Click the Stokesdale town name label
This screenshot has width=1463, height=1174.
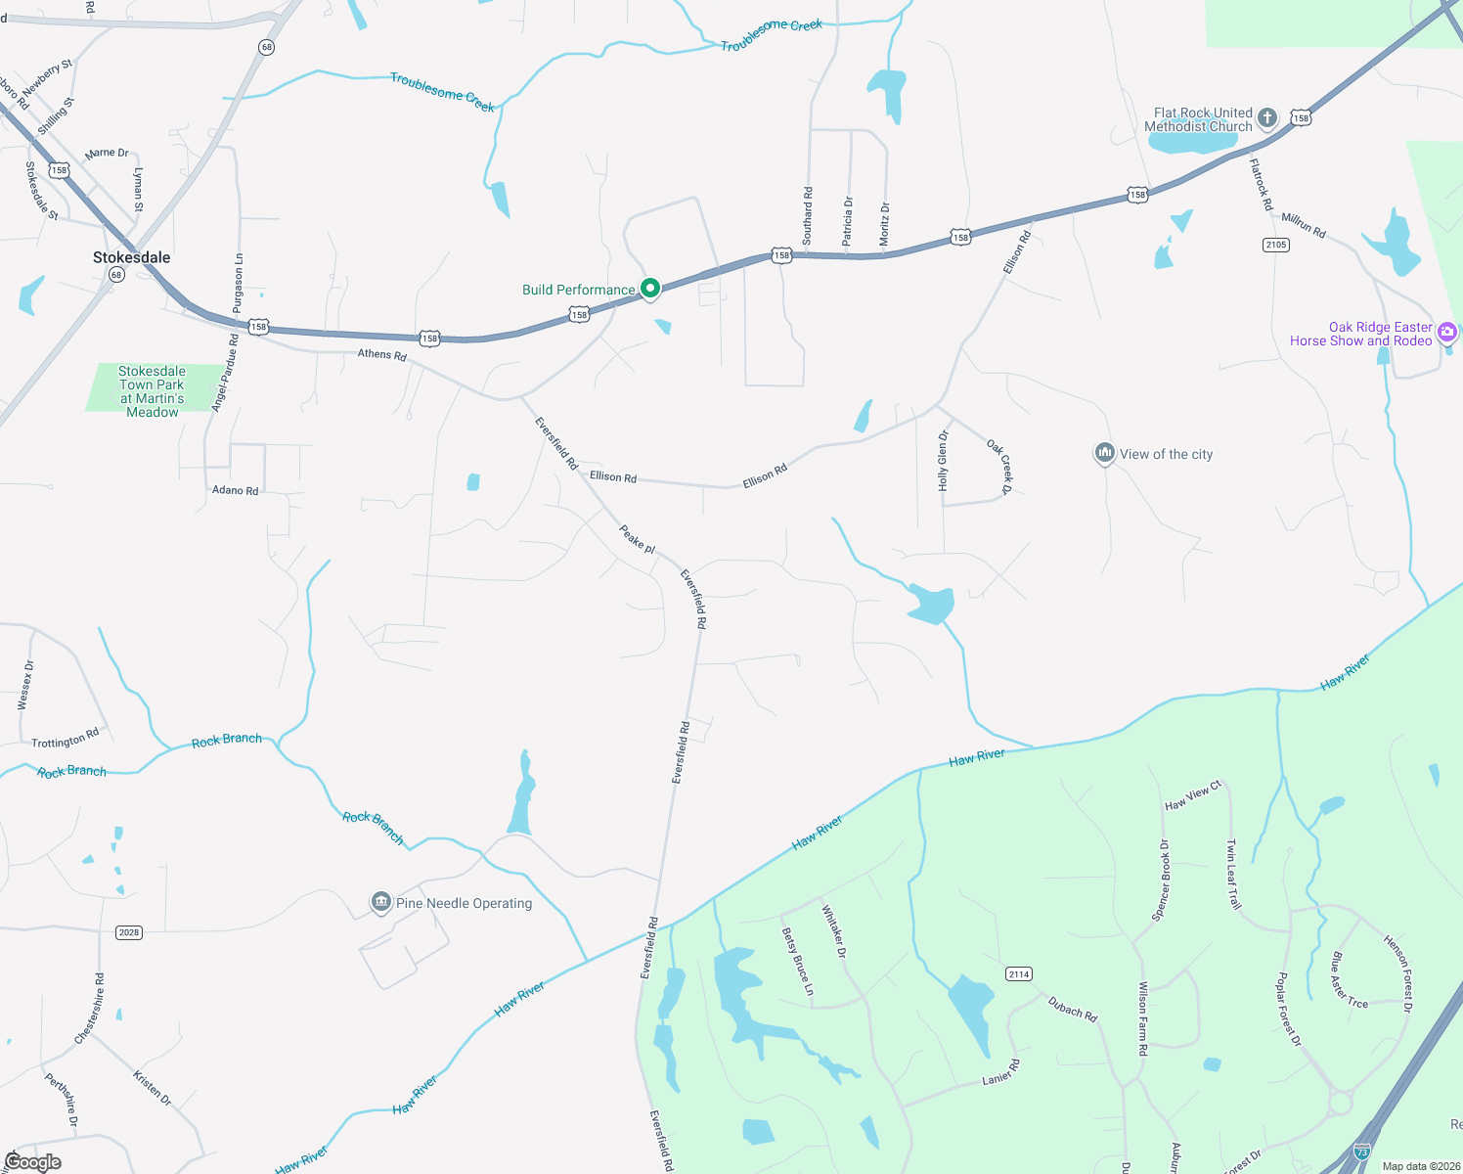[131, 257]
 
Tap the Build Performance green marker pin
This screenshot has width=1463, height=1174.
[650, 288]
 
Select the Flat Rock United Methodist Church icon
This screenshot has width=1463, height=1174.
[1267, 118]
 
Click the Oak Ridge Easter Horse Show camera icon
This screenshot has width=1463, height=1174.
[1447, 333]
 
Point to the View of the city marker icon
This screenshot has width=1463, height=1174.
[1105, 453]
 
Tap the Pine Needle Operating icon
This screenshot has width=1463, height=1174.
[381, 902]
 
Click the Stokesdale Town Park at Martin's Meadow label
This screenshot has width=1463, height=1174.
[152, 391]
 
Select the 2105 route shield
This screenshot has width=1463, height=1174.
[1276, 245]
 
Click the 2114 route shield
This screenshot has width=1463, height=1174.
[1019, 973]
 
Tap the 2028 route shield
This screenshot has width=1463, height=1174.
[129, 932]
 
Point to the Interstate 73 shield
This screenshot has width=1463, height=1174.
[1363, 1151]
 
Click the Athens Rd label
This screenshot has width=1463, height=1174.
[381, 354]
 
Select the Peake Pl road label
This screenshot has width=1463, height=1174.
[637, 538]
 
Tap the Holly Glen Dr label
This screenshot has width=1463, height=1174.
[943, 460]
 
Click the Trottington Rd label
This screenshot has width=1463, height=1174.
[66, 739]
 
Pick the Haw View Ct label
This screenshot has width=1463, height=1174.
[1193, 796]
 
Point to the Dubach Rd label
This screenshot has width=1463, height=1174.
[1073, 1009]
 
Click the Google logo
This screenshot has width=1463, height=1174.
[32, 1162]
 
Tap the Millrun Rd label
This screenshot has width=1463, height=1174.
[1304, 225]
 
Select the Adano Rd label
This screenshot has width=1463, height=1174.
[236, 490]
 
